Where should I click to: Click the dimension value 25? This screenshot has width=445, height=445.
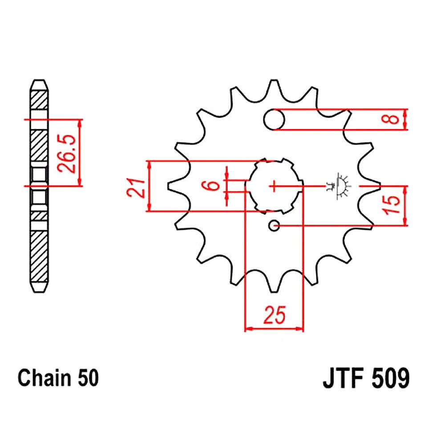(274, 315)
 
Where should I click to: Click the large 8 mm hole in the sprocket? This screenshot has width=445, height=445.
(274, 119)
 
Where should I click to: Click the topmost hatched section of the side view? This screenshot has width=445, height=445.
(39, 100)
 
